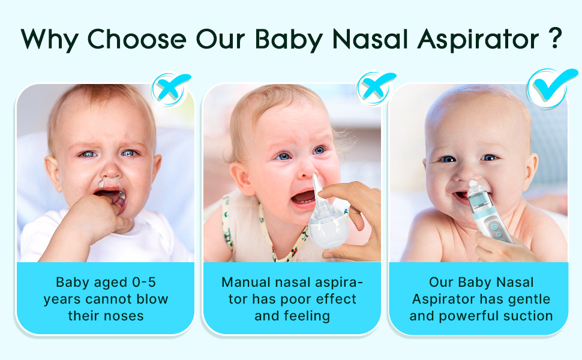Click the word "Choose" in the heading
pos(137,38)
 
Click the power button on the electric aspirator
pos(494,227)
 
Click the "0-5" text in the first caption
pos(144,283)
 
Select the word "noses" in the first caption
pos(125,316)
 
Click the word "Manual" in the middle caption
pos(246,283)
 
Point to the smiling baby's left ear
pos(530,171)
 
